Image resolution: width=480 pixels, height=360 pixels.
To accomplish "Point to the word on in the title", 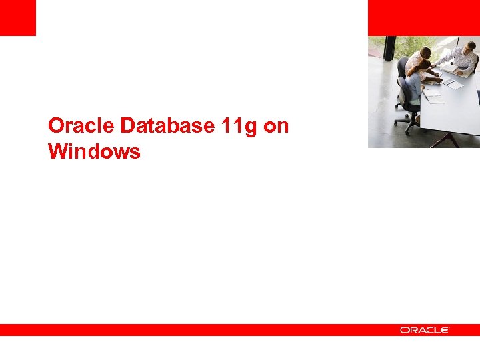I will (x=276, y=126).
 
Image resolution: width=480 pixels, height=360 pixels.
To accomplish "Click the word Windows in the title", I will (x=94, y=152).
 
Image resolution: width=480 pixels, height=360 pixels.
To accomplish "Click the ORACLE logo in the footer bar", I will (x=425, y=330).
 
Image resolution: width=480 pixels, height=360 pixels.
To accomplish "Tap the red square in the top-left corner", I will (x=17, y=17).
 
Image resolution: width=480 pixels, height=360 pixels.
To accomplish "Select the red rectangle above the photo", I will (x=423, y=17).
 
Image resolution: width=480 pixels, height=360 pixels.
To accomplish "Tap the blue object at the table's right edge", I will (x=478, y=97).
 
